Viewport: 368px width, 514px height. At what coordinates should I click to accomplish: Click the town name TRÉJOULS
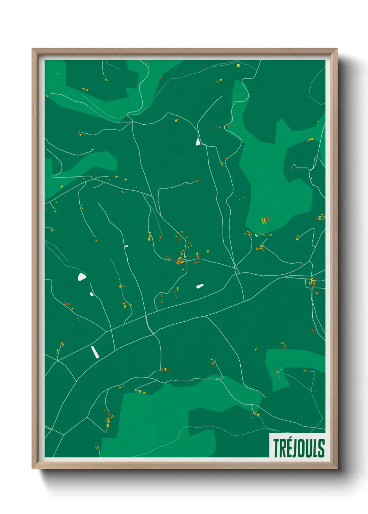298,448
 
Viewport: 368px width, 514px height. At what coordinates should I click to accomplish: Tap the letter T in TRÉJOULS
276,448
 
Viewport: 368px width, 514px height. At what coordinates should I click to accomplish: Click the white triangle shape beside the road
198,142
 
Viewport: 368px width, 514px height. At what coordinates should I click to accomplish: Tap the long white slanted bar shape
95,351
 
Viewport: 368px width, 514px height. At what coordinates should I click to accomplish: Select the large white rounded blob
82,277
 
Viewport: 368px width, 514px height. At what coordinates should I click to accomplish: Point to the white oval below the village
200,286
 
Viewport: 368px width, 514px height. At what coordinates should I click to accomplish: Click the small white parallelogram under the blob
91,294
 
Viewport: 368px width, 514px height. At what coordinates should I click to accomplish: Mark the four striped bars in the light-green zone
266,220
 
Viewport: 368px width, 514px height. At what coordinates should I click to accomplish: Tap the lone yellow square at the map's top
238,65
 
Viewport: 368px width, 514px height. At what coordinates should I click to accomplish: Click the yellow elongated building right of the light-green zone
310,140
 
